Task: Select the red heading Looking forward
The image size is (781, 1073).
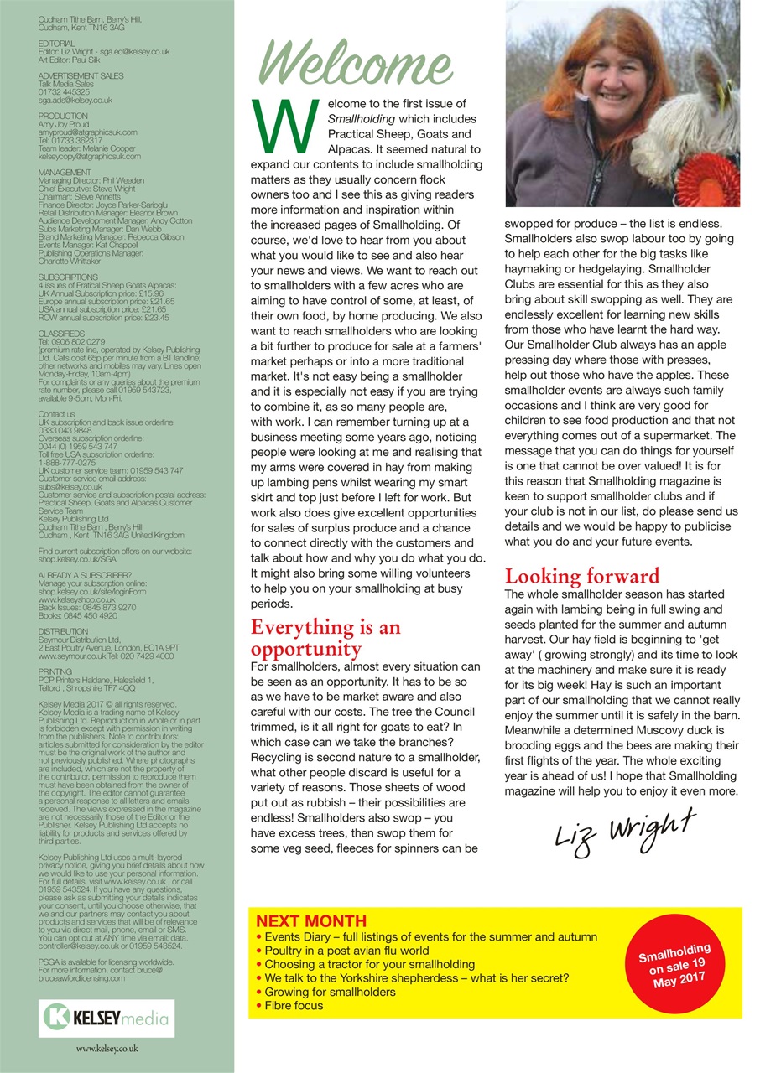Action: pyautogui.click(x=581, y=576)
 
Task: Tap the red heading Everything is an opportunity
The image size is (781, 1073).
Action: pyautogui.click(x=325, y=638)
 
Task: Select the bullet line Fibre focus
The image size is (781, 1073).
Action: pyautogui.click(x=289, y=1005)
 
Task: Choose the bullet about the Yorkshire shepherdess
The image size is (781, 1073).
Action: pyautogui.click(x=412, y=977)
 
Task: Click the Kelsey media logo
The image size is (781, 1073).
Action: pyautogui.click(x=107, y=1019)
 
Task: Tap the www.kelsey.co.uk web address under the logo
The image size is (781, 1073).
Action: pyautogui.click(x=107, y=1049)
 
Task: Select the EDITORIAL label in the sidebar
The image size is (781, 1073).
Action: pyautogui.click(x=57, y=42)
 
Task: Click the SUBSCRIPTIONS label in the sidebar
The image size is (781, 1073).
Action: pyautogui.click(x=68, y=277)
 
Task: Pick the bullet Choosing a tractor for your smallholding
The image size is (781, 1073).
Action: pyautogui.click(x=364, y=964)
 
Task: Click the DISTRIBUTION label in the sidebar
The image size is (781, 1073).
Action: pyautogui.click(x=63, y=631)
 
